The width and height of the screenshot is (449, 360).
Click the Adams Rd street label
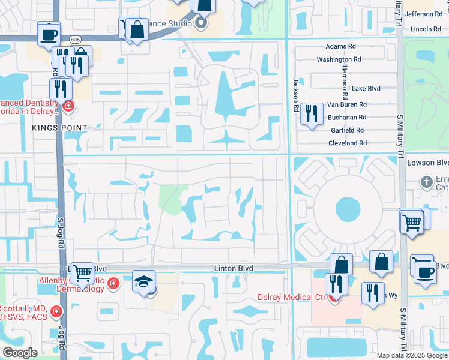340,46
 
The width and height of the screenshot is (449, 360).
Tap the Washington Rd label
339,59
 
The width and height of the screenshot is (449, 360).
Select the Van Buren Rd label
346,104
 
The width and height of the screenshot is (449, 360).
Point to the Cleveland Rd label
347,143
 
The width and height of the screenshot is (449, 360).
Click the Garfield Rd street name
347,130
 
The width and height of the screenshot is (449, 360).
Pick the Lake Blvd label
366,88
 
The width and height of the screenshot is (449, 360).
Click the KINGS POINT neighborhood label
61,128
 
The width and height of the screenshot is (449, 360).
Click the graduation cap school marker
144,282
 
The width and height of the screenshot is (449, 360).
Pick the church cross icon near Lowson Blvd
426,181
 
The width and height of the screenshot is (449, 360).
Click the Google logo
20,353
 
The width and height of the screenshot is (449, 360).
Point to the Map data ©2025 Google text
412,355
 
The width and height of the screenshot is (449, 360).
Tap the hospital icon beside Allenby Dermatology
113,283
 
